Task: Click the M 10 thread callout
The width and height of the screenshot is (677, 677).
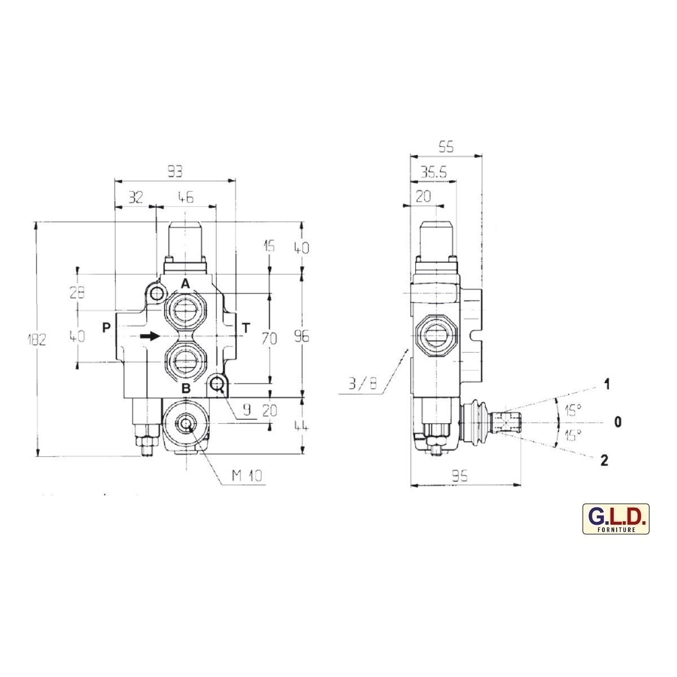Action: (247, 476)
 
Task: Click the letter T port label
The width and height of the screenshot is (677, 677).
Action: (245, 327)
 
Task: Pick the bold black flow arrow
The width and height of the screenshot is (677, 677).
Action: (150, 336)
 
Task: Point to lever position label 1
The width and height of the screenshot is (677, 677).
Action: (606, 385)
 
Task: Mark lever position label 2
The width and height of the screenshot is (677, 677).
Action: (604, 461)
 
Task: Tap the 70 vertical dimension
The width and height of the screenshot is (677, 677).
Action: (270, 338)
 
